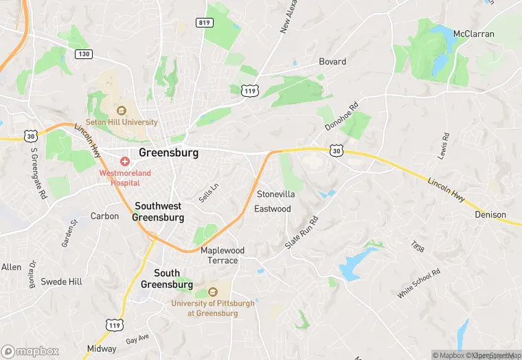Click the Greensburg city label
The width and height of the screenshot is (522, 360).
168,153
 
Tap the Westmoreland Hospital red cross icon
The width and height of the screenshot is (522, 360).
124,161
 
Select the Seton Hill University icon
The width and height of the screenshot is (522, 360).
122,110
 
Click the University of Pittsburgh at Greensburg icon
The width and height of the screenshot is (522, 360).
212,291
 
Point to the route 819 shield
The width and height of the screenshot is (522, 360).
205,22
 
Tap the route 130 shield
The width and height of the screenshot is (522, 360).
84,54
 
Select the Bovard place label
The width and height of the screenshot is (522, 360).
332,62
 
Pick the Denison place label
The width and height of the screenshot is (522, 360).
490,215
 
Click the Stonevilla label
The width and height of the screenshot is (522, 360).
275,194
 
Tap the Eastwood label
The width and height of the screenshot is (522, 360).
273,209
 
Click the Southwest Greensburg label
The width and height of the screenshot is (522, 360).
159,212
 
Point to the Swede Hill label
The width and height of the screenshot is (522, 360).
61,282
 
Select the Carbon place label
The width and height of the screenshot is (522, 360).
104,216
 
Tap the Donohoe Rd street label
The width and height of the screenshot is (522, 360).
341,117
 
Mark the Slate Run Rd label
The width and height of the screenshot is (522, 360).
302,233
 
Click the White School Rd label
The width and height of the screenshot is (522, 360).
418,284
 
